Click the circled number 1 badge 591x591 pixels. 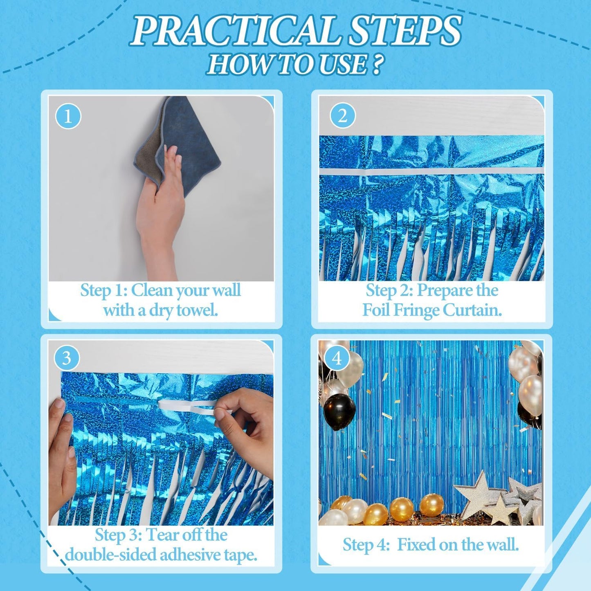68,116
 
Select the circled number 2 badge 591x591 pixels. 342,116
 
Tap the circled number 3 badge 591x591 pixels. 66,358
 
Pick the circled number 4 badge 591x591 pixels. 337,358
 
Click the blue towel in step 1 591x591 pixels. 192,139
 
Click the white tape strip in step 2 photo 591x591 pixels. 431,171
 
